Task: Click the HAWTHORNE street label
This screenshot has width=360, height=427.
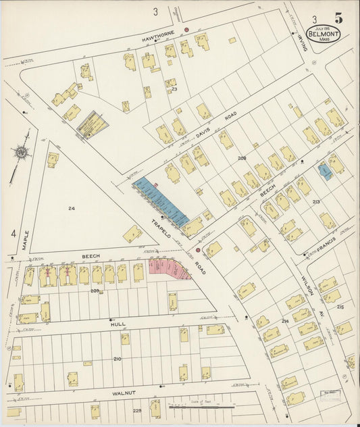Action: coord(158,32)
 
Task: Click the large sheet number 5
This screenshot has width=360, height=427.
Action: coord(337,18)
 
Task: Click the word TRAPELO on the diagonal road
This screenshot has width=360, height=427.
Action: coord(162,228)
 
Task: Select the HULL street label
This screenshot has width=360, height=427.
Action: coord(118,324)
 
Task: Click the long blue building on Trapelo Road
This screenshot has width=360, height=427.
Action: coord(161,201)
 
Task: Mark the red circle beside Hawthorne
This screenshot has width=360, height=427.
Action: coord(187,30)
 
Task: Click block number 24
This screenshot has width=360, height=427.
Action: coord(71,208)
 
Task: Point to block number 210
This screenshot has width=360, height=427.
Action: coord(118,358)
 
